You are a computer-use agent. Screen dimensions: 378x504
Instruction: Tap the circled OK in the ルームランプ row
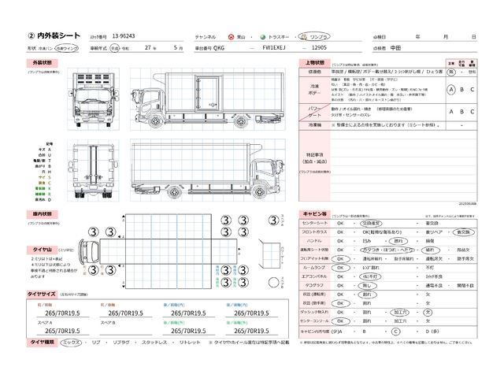click(341, 267)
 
